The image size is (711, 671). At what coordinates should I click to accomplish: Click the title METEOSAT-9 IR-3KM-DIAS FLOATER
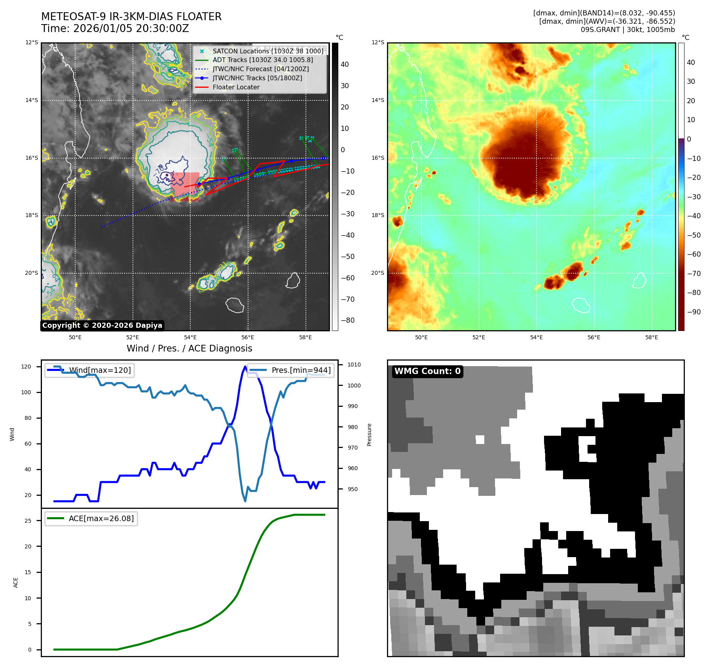[131, 17]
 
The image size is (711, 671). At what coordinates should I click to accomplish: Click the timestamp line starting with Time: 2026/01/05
[115, 29]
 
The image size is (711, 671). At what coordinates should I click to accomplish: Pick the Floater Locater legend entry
[236, 87]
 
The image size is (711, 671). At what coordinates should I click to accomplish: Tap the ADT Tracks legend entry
[262, 60]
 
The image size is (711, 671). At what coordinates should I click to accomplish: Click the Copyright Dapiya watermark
[102, 325]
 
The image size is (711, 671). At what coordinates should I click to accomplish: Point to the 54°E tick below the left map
[190, 337]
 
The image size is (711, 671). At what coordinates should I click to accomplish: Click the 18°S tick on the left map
[32, 215]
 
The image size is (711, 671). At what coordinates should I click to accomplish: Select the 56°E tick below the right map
[594, 337]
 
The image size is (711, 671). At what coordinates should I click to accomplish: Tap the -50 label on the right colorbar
[694, 235]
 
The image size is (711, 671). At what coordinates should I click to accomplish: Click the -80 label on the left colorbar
[348, 320]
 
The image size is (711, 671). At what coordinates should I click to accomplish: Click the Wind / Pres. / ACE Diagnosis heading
[189, 348]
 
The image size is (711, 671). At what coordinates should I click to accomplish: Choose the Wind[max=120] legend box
[89, 370]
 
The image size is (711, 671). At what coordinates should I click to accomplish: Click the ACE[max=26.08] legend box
[91, 519]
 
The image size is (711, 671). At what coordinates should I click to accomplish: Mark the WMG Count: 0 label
[427, 371]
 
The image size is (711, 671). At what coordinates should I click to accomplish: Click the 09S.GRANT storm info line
[628, 30]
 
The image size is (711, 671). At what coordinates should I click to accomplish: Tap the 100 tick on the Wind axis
[26, 392]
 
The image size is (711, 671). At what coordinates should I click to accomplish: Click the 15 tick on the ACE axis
[28, 572]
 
